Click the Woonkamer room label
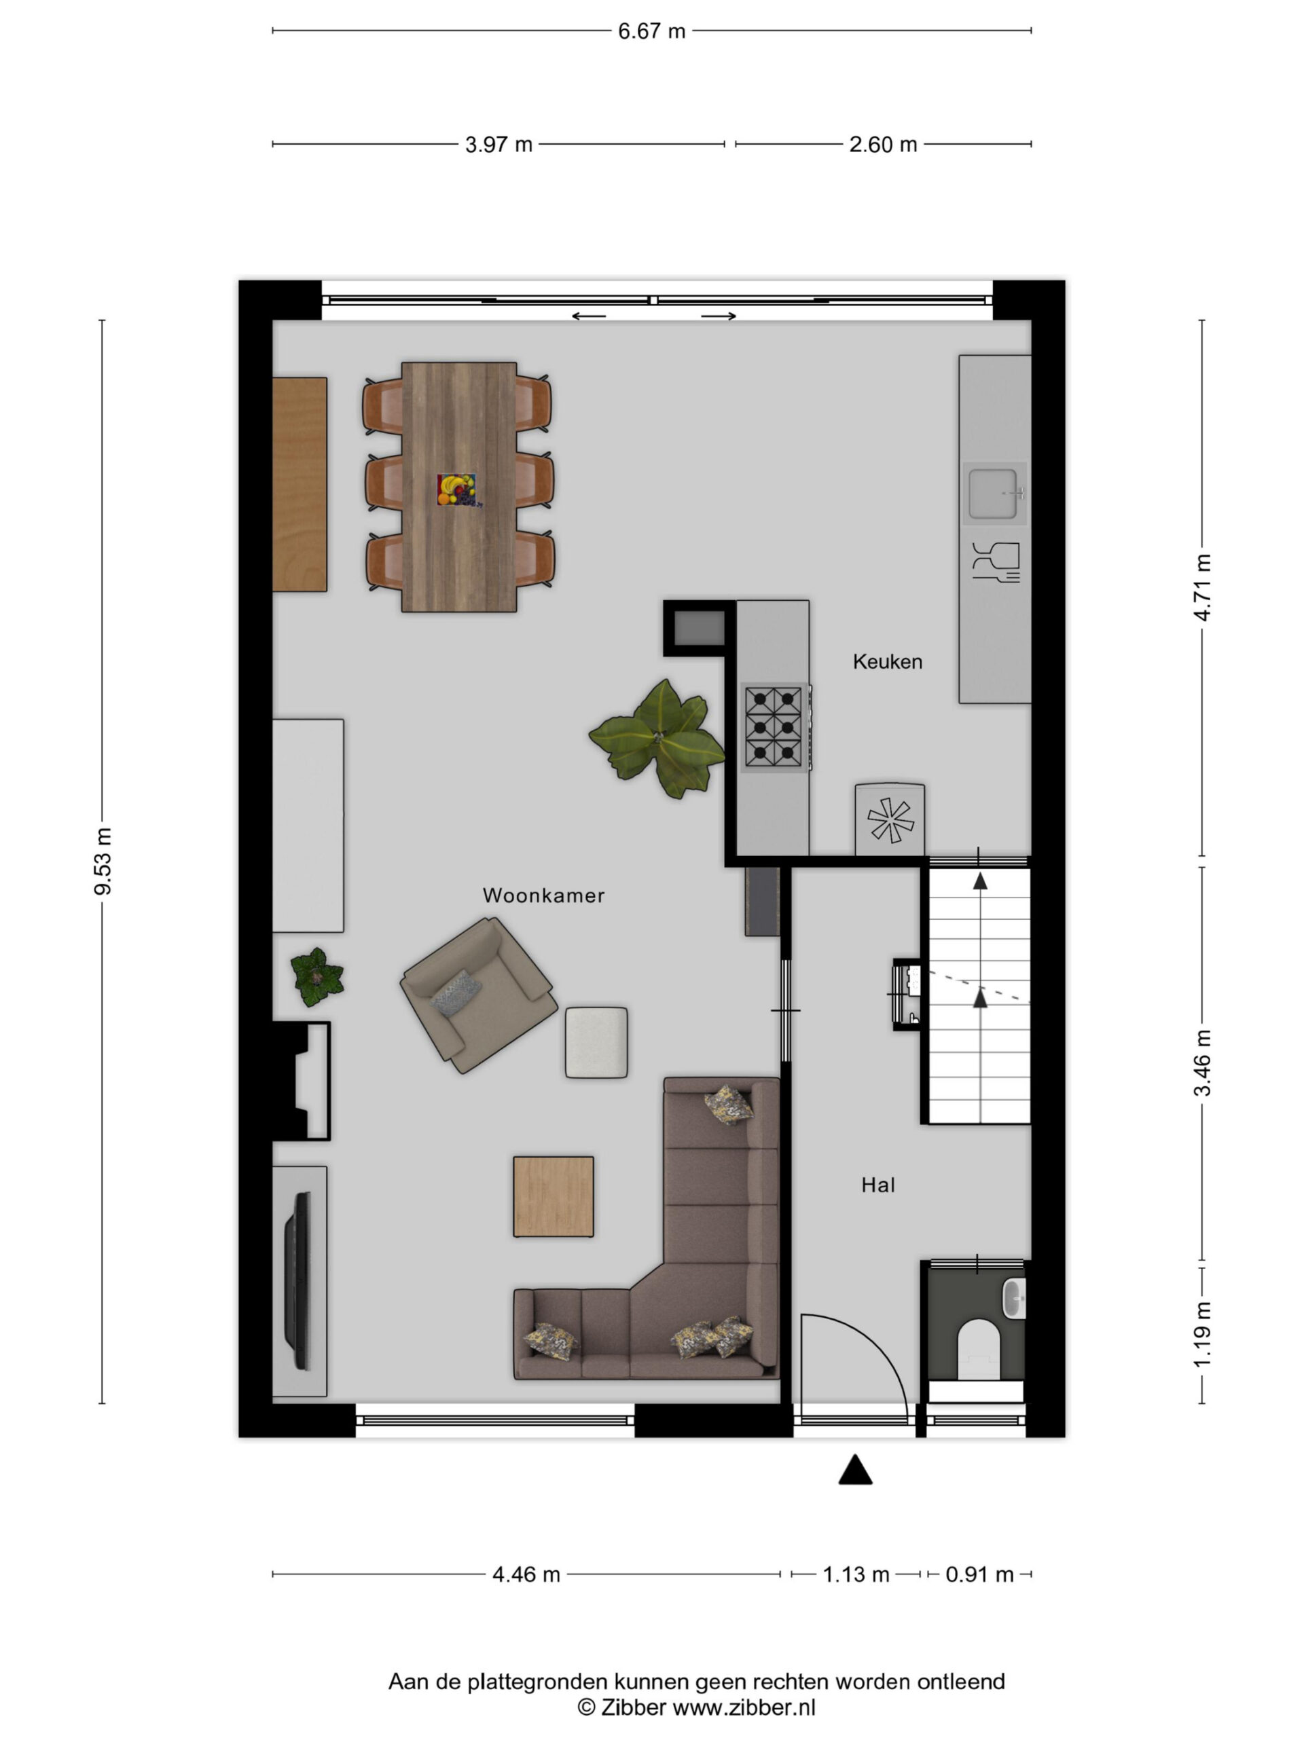pos(543,895)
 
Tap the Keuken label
pos(888,661)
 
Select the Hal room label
pos(878,1185)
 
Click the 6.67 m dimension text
pos(651,31)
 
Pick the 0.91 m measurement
pos(979,1574)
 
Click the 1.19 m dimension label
pos(1203,1334)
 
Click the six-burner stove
pos(774,727)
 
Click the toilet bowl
pos(979,1348)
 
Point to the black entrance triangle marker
pos(855,1469)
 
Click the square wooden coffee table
pos(554,1196)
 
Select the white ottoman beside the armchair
pos(596,1043)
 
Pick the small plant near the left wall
pos(316,977)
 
